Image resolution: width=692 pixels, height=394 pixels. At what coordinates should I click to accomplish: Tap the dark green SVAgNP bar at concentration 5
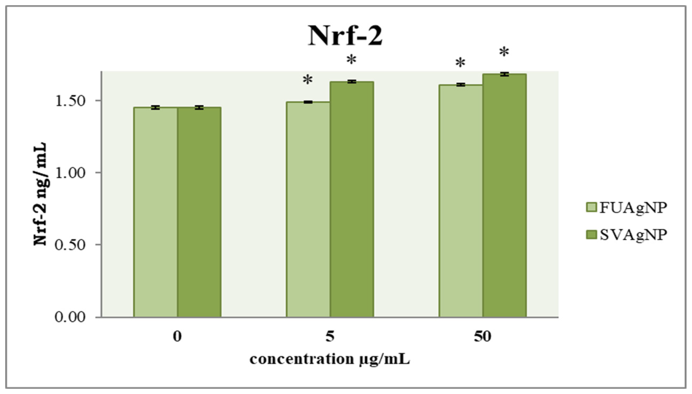352,199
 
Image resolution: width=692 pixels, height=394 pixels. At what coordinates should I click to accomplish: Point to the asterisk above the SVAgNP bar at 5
351,60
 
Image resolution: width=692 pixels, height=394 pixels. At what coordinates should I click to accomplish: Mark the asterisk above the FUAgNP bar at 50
460,63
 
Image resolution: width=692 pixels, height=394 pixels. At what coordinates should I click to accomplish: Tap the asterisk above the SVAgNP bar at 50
504,52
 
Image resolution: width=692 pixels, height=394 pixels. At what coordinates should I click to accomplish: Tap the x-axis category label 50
482,337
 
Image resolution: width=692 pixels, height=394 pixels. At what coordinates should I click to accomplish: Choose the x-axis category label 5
330,337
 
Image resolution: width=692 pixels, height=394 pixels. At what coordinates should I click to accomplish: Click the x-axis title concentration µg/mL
330,359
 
